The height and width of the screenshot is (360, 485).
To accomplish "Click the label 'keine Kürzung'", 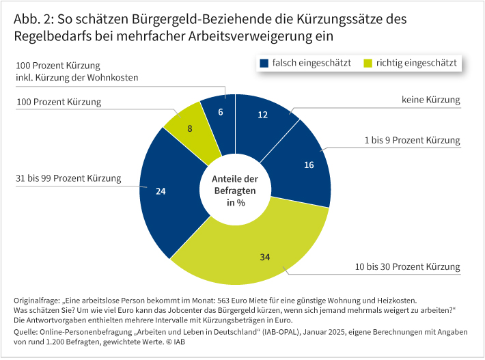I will (430, 100).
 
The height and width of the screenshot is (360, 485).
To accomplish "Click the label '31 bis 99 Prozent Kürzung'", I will (68, 179).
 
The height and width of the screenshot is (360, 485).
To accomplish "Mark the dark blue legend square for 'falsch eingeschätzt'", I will (264, 63).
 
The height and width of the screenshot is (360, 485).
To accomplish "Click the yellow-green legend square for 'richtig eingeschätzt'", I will (368, 63).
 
